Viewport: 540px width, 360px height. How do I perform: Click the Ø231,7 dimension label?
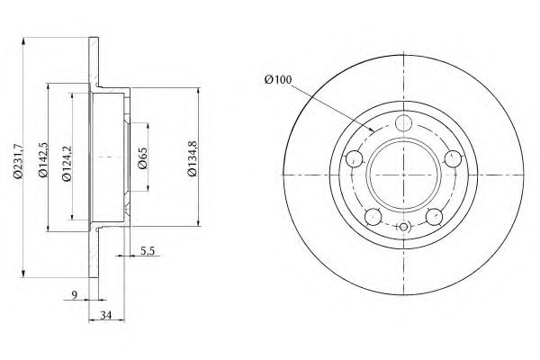coord(18,161)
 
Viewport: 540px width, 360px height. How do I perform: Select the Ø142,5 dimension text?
coord(43,159)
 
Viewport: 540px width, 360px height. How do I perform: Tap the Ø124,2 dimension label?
coord(67,163)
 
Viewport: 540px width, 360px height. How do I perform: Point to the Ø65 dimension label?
coord(142,158)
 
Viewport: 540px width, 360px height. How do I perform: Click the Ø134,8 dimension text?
coord(193,158)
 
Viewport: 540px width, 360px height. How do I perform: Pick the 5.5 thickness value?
coord(147,251)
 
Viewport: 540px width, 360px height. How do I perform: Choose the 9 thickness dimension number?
coord(75,295)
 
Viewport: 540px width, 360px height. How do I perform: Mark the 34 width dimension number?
coord(106,315)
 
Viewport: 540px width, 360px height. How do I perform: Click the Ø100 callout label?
coord(278,79)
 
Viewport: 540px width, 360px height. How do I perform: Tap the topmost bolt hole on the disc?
coord(403,123)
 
